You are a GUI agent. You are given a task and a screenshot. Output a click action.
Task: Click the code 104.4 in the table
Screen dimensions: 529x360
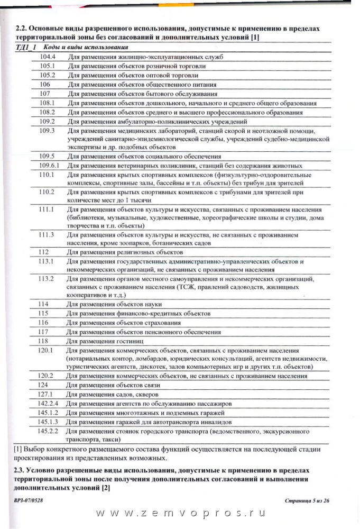point(48,56)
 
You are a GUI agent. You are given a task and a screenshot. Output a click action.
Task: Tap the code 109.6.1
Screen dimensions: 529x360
point(50,165)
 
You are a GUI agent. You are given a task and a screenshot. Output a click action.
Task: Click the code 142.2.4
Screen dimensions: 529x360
point(50,403)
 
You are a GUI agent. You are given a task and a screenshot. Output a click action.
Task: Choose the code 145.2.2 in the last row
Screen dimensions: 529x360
point(50,431)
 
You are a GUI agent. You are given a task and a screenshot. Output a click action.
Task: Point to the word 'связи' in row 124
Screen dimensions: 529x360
point(151,385)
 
